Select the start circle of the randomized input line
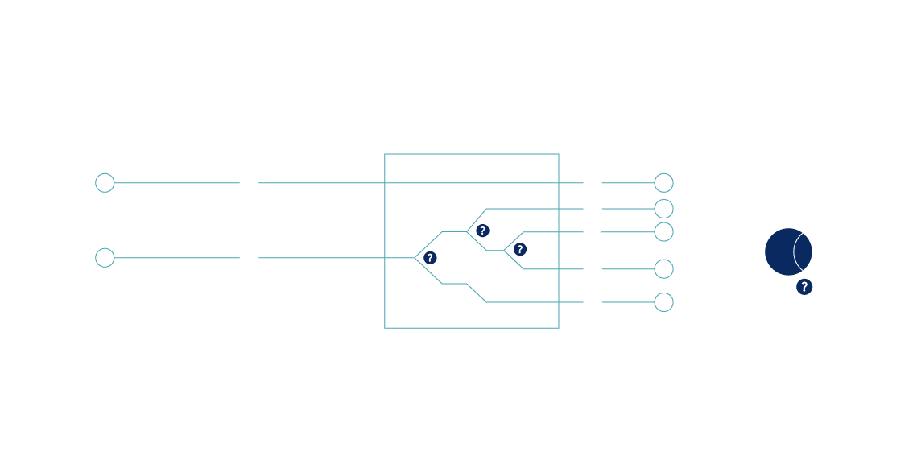105,258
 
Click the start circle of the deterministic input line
105,183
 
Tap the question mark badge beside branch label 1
430,258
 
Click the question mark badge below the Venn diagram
804,287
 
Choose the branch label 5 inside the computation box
495,297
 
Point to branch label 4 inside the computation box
541,263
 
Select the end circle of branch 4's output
663,268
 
